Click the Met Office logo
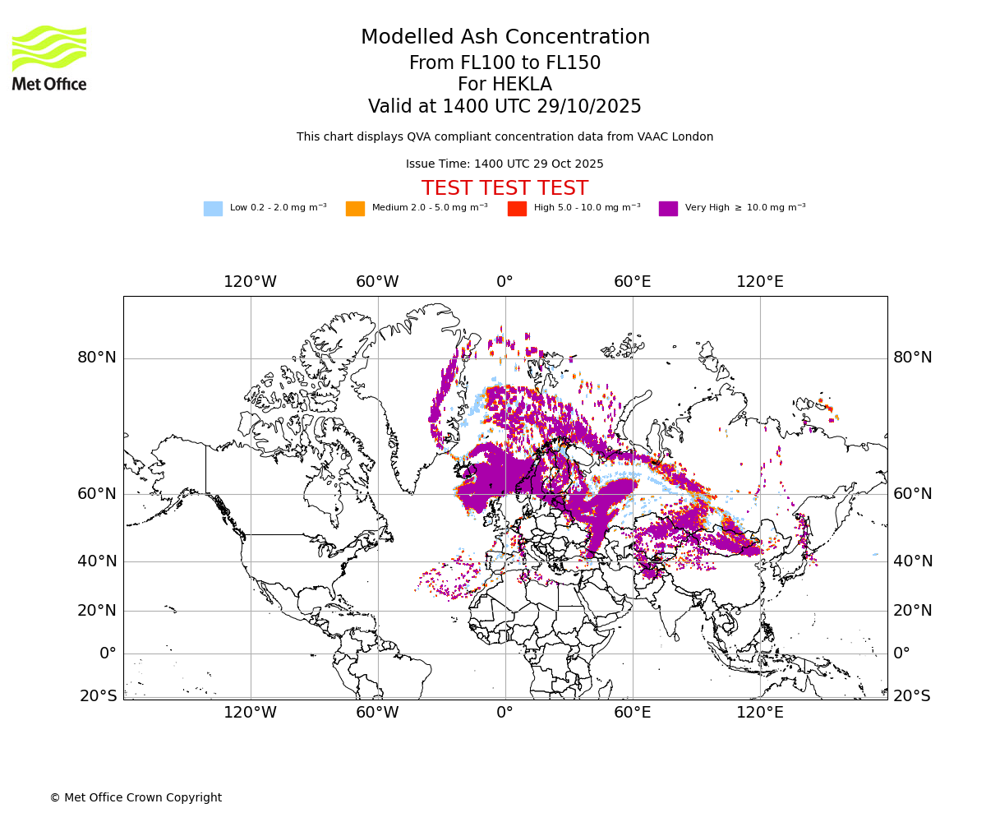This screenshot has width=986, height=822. pos(49,58)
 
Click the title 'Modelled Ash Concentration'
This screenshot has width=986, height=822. pos(505,38)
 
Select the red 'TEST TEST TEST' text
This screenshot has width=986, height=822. pos(505,189)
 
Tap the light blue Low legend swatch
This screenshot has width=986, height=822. pos(213,209)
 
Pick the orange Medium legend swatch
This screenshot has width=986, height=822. pos(355,209)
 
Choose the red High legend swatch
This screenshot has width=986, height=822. pos(517,209)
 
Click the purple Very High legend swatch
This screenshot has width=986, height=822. pos(668,209)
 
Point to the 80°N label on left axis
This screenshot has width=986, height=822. pos(97,358)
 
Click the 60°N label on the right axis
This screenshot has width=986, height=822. pos(913,494)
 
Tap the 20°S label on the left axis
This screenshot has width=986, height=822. pos(98,696)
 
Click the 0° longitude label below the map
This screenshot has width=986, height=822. pos(505,713)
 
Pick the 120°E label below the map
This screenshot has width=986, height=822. pos(759,713)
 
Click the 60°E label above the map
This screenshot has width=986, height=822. pos(632,282)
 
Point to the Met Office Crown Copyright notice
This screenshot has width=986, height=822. pos(136,798)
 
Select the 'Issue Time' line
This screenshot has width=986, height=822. pos(505,164)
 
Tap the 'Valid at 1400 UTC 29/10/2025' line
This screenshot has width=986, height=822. pos(505,107)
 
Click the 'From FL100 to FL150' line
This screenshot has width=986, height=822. pos(505,63)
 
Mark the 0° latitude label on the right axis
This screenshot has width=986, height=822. pos(902,653)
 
